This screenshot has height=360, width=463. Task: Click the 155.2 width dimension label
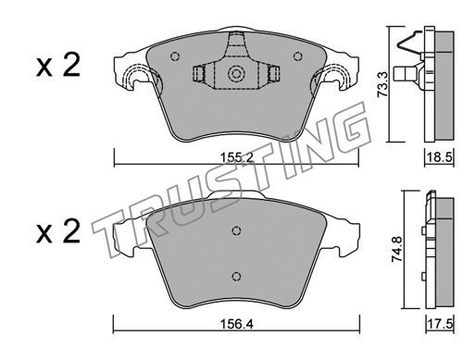[x=236, y=158]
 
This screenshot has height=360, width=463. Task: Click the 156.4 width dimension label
[x=236, y=325]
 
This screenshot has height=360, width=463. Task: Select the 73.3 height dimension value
[x=383, y=84]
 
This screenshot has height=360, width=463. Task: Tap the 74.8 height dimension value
[x=396, y=249]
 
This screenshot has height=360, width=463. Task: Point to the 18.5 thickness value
[x=440, y=158]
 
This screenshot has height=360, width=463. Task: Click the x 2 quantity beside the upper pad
[x=58, y=65]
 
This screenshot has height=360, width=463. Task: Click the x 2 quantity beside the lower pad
[x=58, y=231]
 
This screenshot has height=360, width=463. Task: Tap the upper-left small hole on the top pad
[x=175, y=56]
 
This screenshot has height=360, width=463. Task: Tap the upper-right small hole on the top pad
[x=297, y=56]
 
